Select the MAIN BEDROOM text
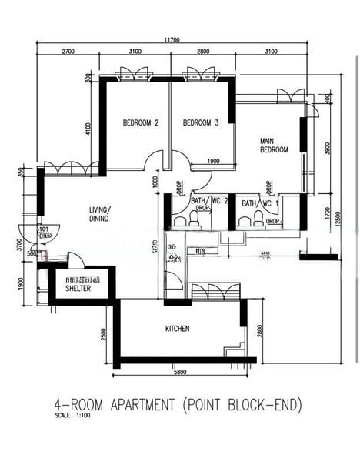pyautogui.click(x=274, y=145)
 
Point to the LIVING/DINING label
pyautogui.click(x=99, y=213)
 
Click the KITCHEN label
pyautogui.click(x=178, y=329)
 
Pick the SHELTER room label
pyautogui.click(x=78, y=288)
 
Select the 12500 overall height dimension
pyautogui.click(x=347, y=219)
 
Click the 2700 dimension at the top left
pyautogui.click(x=68, y=52)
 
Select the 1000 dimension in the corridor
pyautogui.click(x=155, y=182)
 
